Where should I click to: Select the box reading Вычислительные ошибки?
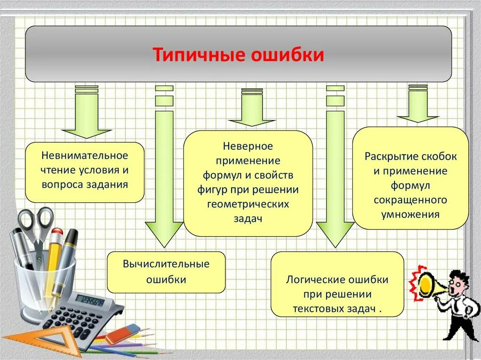[x=166, y=272]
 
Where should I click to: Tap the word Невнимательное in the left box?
[x=85, y=155]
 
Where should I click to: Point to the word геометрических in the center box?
[x=248, y=204]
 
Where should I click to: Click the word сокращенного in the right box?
[x=410, y=200]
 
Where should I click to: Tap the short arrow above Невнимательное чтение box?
[x=86, y=115]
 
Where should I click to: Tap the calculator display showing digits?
[x=89, y=300]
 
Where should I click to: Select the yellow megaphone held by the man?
[x=427, y=285]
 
